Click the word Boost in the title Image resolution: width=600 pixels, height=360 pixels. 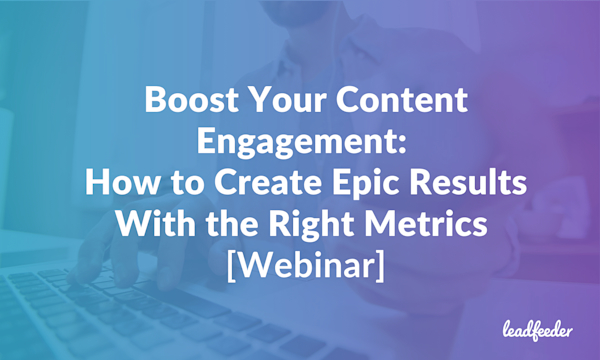pos(185,101)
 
